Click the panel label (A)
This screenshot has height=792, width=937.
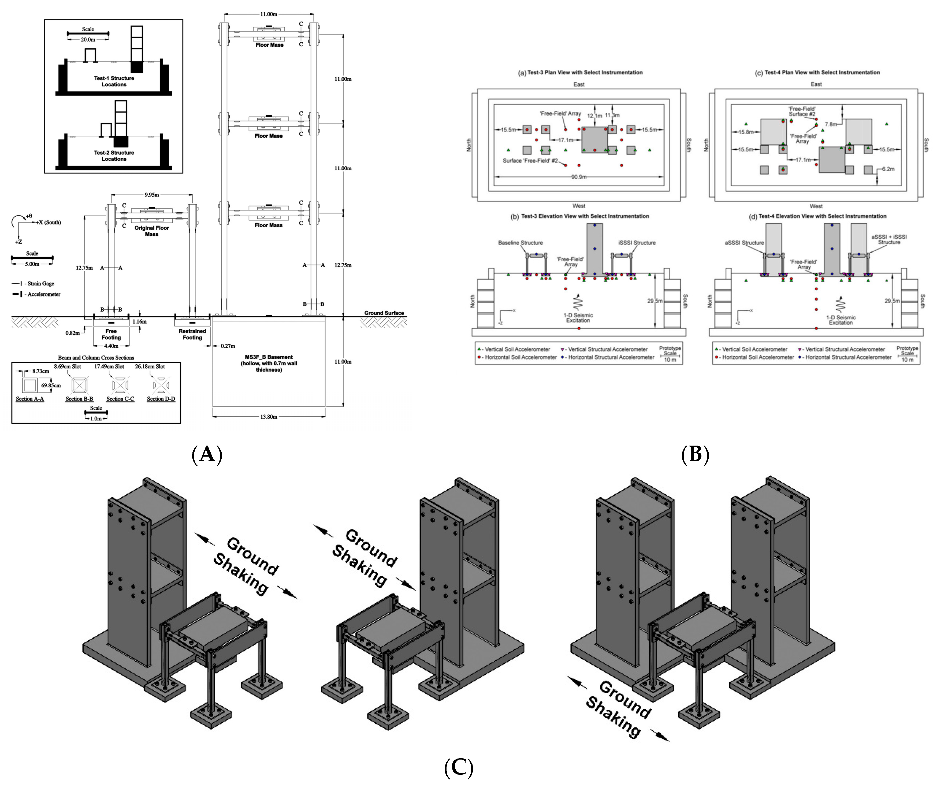[x=207, y=454]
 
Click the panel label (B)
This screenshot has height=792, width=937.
[x=695, y=454]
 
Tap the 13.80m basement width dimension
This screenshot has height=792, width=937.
[x=269, y=417]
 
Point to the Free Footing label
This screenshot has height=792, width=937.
[x=111, y=334]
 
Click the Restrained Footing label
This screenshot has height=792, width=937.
[x=192, y=334]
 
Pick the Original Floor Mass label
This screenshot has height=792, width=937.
[x=152, y=231]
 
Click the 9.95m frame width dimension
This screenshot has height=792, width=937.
[x=152, y=195]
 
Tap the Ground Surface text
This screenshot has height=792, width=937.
[x=384, y=313]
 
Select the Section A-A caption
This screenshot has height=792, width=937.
[x=30, y=399]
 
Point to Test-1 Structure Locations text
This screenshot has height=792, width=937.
[x=114, y=81]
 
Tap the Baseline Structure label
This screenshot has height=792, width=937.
[x=520, y=243]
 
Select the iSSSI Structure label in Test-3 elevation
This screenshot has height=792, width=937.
[x=637, y=243]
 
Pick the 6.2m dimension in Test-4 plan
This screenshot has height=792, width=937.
[x=888, y=169]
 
